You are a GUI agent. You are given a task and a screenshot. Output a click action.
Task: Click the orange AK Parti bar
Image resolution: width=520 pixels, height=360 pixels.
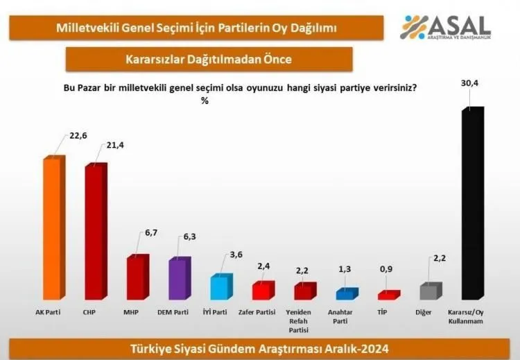52,228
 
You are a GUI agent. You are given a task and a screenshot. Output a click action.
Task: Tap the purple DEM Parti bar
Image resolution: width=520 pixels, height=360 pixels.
178,279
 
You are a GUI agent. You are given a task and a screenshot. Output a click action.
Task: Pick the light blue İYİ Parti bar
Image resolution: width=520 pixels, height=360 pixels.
220,287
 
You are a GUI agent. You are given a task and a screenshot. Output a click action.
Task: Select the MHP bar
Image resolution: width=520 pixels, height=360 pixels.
136,278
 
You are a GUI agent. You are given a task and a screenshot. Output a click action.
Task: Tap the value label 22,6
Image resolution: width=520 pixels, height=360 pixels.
78,136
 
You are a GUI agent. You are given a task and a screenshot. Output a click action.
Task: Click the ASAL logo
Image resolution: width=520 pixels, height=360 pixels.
447,27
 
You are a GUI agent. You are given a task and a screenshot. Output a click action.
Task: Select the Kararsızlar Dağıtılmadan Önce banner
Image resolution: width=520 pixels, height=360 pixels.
209,59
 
